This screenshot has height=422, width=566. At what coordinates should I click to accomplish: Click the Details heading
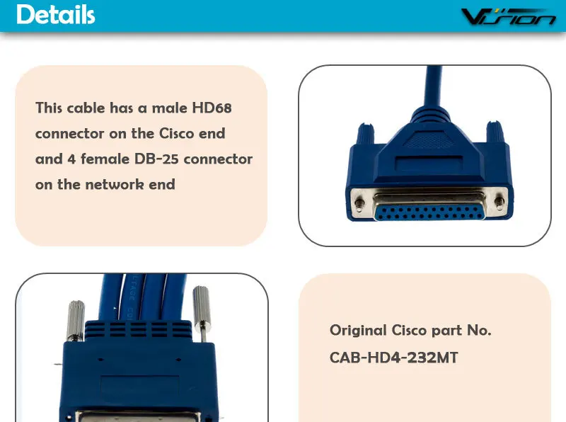click(55, 15)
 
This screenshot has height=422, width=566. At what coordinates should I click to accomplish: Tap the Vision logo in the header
click(508, 17)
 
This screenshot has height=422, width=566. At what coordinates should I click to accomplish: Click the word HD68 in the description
click(212, 108)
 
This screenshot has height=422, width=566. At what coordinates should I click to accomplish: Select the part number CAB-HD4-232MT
click(393, 358)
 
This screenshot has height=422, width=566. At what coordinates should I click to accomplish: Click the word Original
click(358, 330)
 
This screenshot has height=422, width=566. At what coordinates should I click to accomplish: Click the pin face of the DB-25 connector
click(424, 203)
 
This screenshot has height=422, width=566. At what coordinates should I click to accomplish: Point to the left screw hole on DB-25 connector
click(360, 203)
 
